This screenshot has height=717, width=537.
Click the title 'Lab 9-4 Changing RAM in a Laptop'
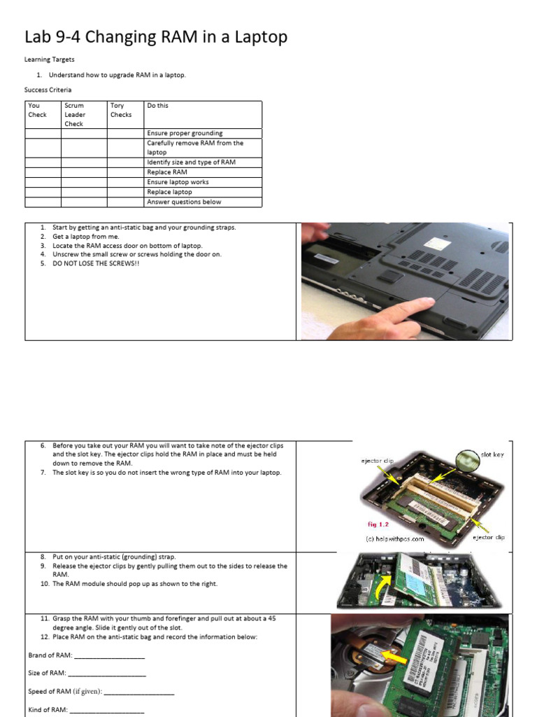tap(155, 37)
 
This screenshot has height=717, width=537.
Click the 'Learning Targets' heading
tap(50, 60)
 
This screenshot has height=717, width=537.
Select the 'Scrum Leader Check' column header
tap(74, 115)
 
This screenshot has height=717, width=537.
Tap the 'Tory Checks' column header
tap(121, 110)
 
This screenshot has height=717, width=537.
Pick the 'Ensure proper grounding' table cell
tap(185, 133)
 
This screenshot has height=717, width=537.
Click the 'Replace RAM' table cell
tap(167, 172)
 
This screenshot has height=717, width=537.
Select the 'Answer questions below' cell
tap(184, 202)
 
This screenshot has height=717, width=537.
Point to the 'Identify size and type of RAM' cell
tap(191, 162)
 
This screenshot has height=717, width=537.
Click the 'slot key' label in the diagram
tap(492, 455)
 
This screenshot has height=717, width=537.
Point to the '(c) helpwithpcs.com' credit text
tap(395, 538)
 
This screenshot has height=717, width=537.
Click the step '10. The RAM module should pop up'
tap(134, 584)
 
